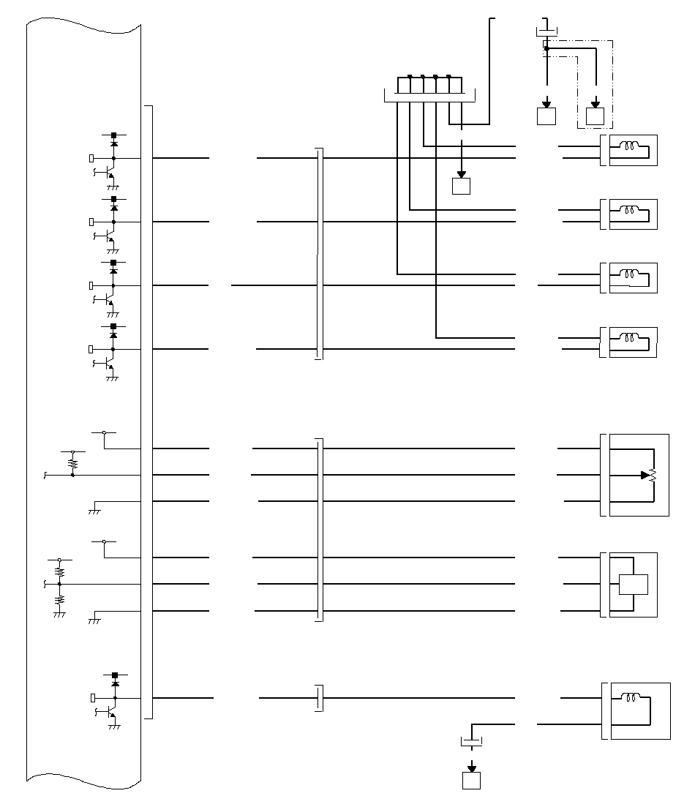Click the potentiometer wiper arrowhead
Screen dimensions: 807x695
tap(645, 475)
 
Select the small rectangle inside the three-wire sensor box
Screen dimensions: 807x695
tap(633, 585)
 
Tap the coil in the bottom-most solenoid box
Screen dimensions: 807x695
tap(630, 697)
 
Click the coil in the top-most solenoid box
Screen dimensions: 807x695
tap(628, 146)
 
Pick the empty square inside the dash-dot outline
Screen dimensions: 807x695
tap(595, 116)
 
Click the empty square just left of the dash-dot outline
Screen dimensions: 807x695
tap(546, 116)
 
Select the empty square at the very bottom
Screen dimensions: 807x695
tap(472, 781)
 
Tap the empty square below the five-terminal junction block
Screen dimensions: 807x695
tap(461, 186)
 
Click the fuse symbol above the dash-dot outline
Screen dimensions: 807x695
tap(546, 31)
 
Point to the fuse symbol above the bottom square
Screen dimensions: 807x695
tap(472, 742)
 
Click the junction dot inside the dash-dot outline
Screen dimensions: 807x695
tap(546, 49)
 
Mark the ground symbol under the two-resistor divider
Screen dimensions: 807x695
tap(60, 615)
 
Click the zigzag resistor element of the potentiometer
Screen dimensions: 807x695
tap(653, 475)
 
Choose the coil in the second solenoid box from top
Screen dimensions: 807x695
tap(628, 210)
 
